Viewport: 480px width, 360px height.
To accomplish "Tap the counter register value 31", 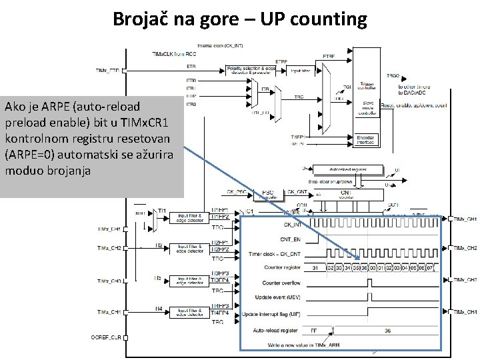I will tap(315, 268).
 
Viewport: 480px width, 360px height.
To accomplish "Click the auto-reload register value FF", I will tap(313, 330).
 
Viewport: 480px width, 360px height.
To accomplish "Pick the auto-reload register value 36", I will tap(387, 330).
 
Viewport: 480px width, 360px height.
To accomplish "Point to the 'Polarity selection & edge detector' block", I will tap(251, 70).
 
